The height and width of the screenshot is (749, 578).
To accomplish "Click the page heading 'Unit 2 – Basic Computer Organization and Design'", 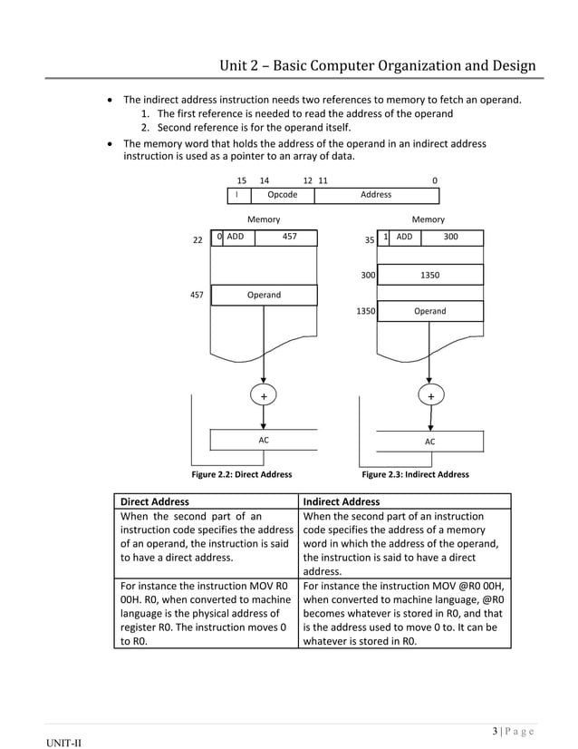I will point(378,66).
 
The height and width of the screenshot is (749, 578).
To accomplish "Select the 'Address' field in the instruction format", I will point(376,195).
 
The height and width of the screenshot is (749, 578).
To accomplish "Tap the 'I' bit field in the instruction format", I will point(236,195).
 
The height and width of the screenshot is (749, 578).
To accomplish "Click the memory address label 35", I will point(369,240).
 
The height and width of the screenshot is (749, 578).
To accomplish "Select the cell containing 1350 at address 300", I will point(430,274).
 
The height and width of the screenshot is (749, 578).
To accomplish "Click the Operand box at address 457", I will point(264,295).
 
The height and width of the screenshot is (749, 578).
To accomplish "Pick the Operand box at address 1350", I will point(430,312).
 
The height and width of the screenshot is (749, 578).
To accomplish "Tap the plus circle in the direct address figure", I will point(264,396).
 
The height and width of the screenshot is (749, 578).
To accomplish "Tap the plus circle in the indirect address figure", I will point(430,396).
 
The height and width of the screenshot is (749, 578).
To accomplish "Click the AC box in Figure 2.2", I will point(264,440).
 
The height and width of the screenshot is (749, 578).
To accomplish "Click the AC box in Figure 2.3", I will point(430,441).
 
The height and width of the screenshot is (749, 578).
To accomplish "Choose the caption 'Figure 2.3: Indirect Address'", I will point(415,474).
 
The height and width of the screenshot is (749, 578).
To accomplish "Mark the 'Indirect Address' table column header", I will point(342,501).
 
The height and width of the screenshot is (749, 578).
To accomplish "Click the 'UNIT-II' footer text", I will point(66,744).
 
